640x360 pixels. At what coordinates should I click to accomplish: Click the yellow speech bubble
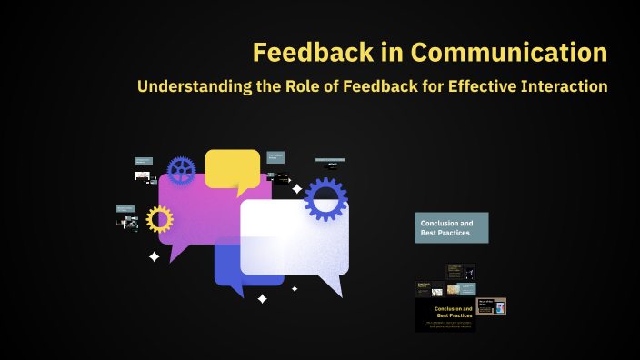click(232, 169)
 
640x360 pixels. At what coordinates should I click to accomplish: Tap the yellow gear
click(159, 219)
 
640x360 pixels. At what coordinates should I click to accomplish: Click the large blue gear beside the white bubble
click(325, 199)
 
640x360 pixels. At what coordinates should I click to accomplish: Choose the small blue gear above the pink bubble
click(182, 170)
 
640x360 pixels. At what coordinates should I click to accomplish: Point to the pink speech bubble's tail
click(178, 254)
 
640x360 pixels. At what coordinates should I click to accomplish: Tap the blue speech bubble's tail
click(237, 290)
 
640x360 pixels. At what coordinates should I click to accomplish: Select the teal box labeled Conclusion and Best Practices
click(452, 227)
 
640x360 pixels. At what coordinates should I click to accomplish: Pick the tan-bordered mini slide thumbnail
click(492, 306)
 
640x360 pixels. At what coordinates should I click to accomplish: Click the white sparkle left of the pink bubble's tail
click(154, 257)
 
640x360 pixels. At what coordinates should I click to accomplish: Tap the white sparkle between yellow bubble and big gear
click(296, 189)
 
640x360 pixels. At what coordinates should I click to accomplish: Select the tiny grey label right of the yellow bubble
click(275, 156)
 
